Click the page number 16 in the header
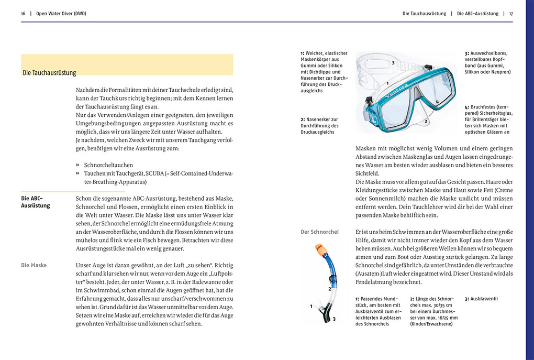pos(23,14)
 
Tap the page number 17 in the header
pos(510,14)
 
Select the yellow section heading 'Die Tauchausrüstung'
pos(50,73)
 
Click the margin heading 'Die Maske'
pos(34,265)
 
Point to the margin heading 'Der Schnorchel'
pos(319,232)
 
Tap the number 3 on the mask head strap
pos(393,63)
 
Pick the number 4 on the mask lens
pos(437,101)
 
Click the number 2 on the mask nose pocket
pos(426,122)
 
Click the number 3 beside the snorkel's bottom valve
pos(334,319)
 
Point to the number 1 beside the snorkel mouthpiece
pos(311,306)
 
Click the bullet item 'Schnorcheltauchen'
pos(108,165)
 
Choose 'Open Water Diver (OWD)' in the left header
pos(61,14)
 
